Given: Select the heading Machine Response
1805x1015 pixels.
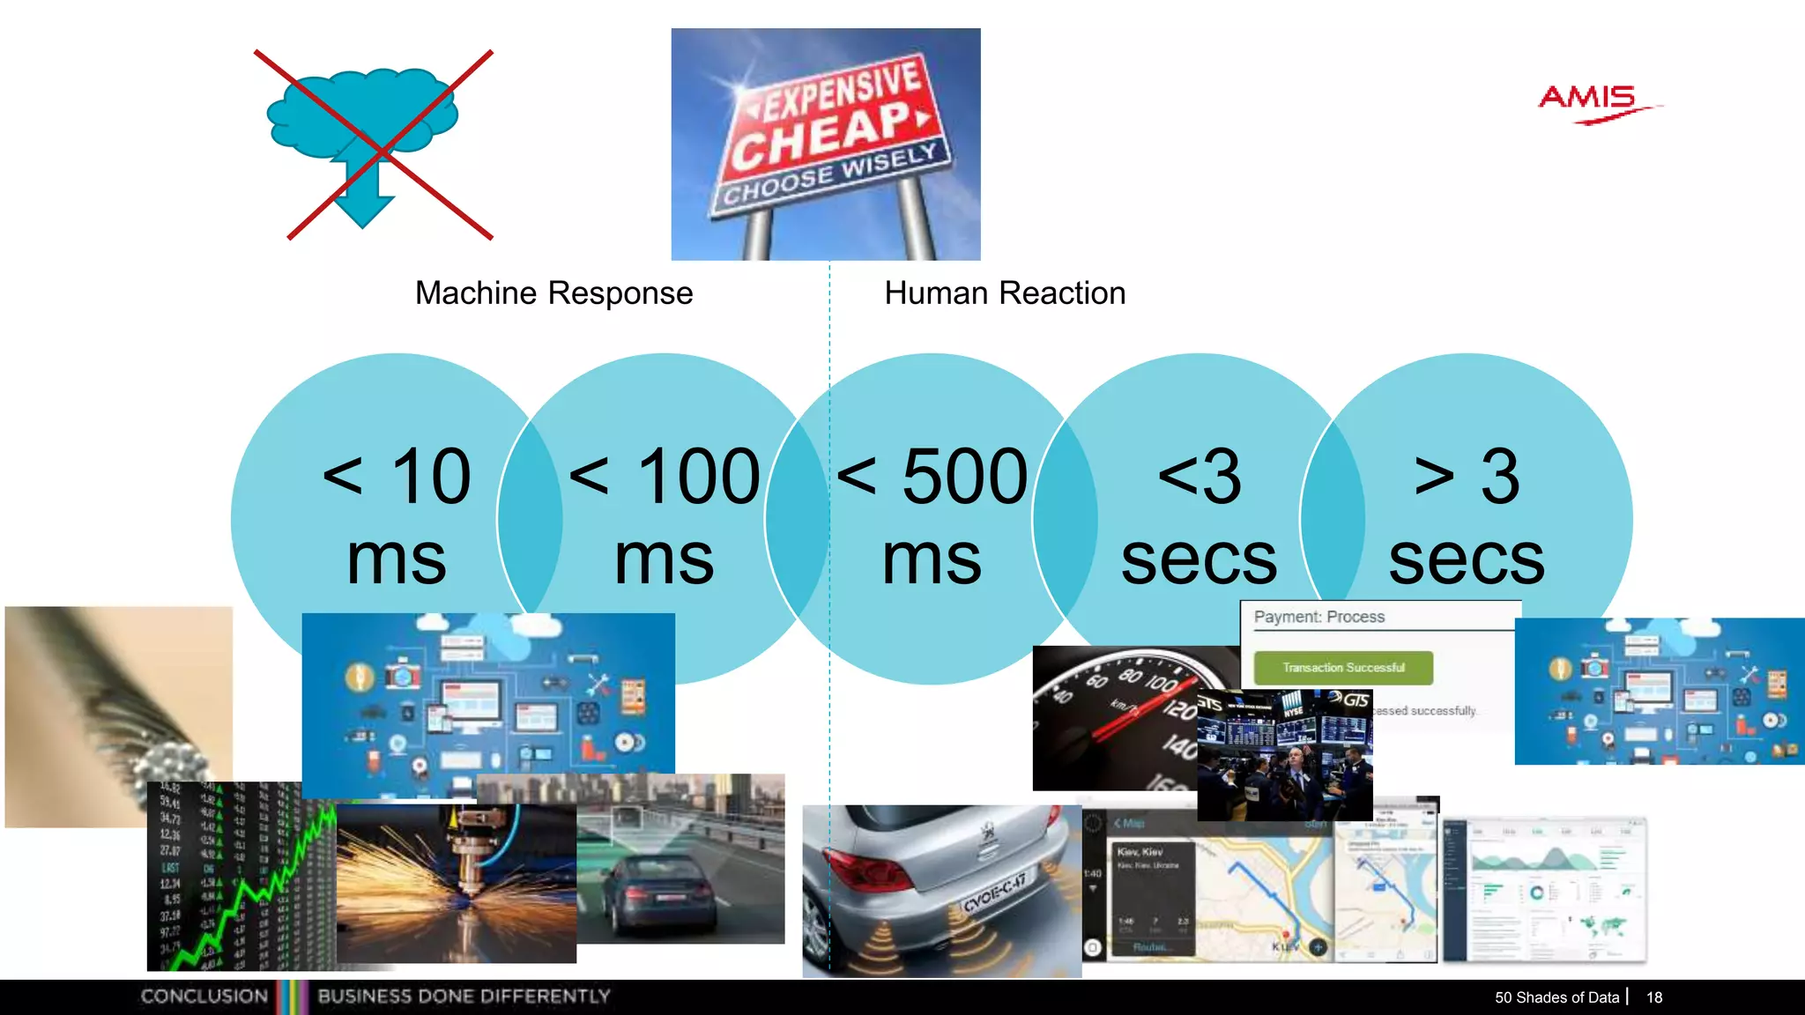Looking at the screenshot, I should point(553,293).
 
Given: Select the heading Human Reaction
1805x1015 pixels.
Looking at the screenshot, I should point(1005,293).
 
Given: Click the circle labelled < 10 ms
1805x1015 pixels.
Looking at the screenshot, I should point(397,515).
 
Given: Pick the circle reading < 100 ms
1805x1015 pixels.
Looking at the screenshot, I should point(665,515).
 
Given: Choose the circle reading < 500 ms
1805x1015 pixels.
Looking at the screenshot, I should point(932,515).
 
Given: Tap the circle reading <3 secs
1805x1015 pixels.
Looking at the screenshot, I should point(1199,515).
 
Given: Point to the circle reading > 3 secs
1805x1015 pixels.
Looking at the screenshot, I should point(1467,515).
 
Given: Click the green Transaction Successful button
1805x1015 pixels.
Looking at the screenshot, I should point(1343,668).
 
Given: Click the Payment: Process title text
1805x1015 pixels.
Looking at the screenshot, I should point(1318,617).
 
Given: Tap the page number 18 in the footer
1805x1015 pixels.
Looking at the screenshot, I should point(1654,997).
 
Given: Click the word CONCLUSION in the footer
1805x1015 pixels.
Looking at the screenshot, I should point(204,996).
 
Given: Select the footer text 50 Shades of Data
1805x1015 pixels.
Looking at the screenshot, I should point(1556,997).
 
